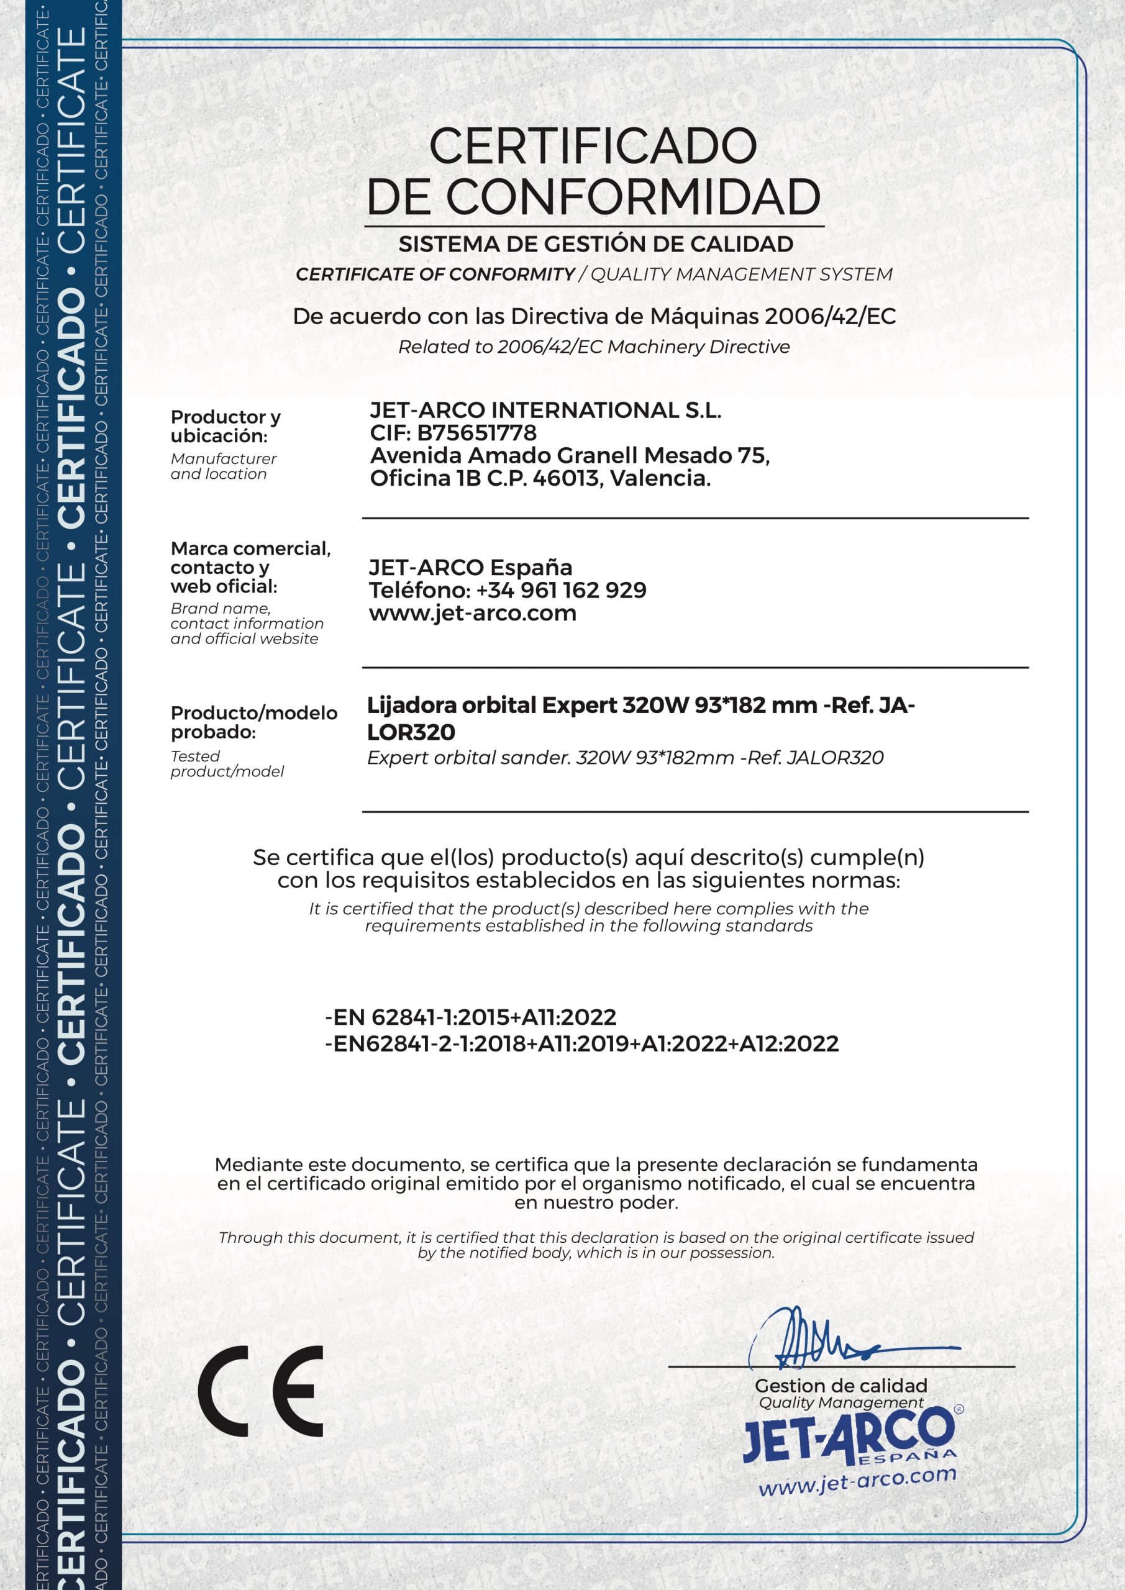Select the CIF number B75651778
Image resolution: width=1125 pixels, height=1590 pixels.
pyautogui.click(x=476, y=433)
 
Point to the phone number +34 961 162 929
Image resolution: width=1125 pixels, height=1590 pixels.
pyautogui.click(x=561, y=590)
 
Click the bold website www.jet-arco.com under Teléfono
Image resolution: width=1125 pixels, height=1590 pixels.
pyautogui.click(x=473, y=613)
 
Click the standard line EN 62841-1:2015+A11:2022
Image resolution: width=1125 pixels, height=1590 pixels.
pyautogui.click(x=471, y=1017)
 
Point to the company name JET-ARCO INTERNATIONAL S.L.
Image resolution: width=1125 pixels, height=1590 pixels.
pyautogui.click(x=545, y=410)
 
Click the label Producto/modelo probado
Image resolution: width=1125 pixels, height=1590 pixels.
pyautogui.click(x=253, y=722)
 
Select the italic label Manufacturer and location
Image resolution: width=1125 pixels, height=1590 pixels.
pyautogui.click(x=223, y=466)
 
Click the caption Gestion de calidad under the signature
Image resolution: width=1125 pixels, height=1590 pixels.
pyautogui.click(x=841, y=1386)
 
